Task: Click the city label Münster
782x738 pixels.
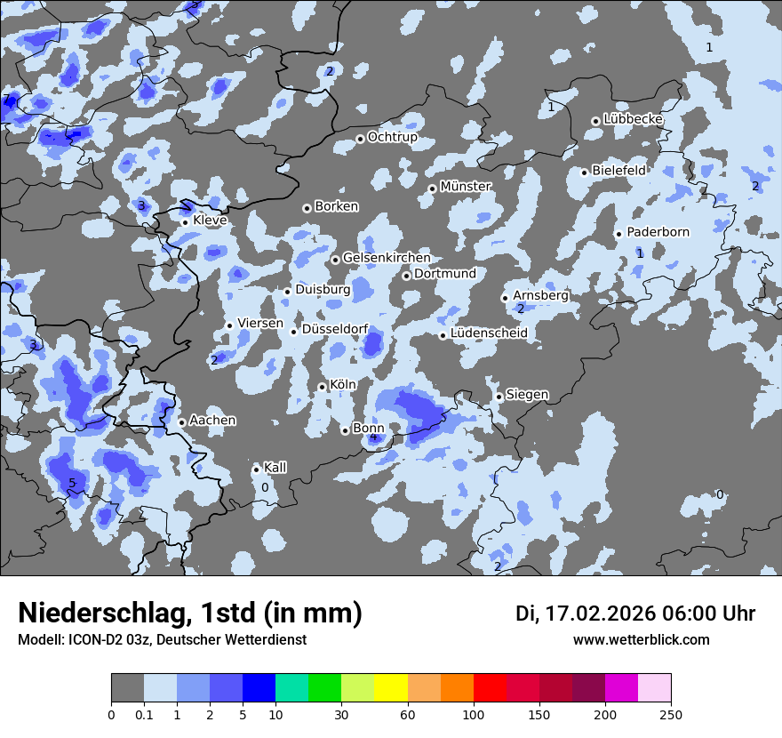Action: point(466,187)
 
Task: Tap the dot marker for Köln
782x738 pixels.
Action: point(322,387)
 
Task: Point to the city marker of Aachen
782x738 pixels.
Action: point(181,422)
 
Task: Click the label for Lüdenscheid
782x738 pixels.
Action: point(489,333)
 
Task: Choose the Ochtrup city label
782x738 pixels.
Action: point(393,138)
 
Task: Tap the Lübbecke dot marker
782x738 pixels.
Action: point(595,121)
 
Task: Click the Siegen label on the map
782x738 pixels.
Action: point(527,395)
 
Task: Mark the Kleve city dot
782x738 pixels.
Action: point(185,222)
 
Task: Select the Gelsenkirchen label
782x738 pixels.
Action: point(387,258)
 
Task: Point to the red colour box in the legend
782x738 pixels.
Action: point(490,688)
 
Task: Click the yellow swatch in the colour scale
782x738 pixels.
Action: point(391,688)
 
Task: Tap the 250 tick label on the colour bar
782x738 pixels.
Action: point(671,714)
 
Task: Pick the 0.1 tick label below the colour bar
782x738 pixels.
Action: point(144,714)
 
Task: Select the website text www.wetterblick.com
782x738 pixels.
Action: point(641,640)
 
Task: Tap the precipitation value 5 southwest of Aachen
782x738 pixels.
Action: point(73,483)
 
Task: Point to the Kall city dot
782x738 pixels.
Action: point(256,469)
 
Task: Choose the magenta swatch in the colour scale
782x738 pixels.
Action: point(621,688)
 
